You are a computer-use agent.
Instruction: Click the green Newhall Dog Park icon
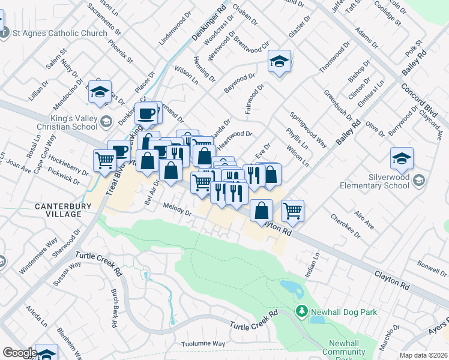(302, 311)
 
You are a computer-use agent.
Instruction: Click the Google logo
(19, 353)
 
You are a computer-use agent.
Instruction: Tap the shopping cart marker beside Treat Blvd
(105, 160)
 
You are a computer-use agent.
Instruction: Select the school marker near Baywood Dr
(279, 62)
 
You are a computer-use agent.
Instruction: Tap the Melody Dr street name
(176, 209)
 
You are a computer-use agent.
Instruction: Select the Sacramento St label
(104, 17)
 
